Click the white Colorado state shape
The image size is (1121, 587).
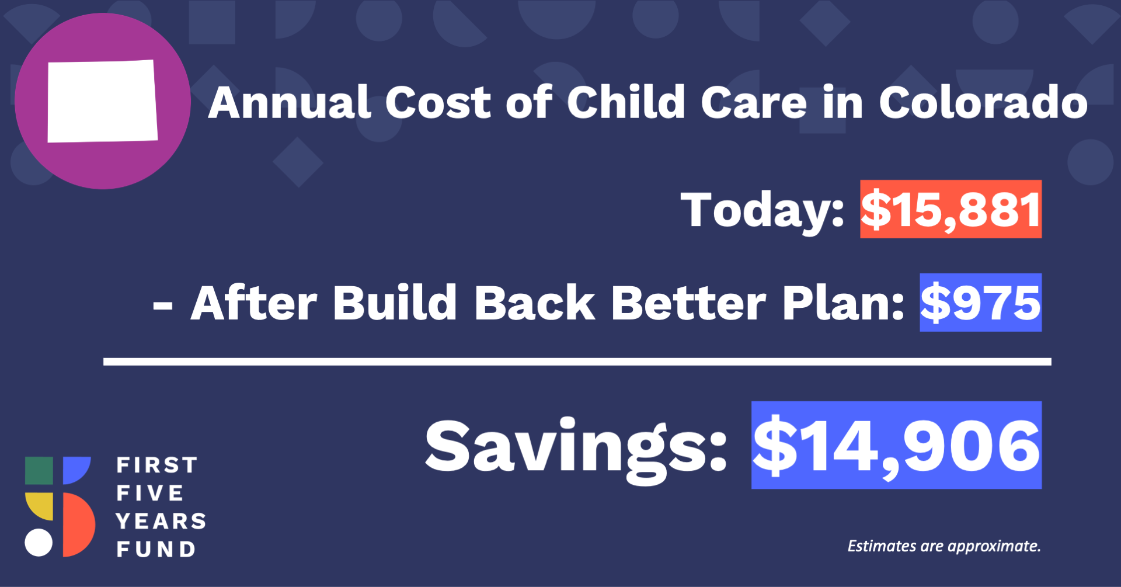coord(102,101)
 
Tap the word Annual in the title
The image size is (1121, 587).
coord(290,103)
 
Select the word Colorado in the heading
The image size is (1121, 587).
coord(983,103)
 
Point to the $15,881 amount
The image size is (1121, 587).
coord(951,209)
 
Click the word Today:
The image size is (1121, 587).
coord(763,210)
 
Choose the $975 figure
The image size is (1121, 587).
coord(981,303)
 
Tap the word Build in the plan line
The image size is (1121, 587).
coord(395,303)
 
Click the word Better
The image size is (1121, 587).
coord(688,303)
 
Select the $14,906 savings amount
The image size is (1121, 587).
coord(896,445)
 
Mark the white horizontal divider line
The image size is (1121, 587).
coord(577,362)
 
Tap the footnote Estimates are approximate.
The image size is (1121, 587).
coord(944,546)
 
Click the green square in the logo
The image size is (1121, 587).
coord(39,471)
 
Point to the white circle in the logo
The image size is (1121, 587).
coord(39,543)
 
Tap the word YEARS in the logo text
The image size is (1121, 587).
coord(161,521)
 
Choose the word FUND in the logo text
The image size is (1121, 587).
coord(156,549)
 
